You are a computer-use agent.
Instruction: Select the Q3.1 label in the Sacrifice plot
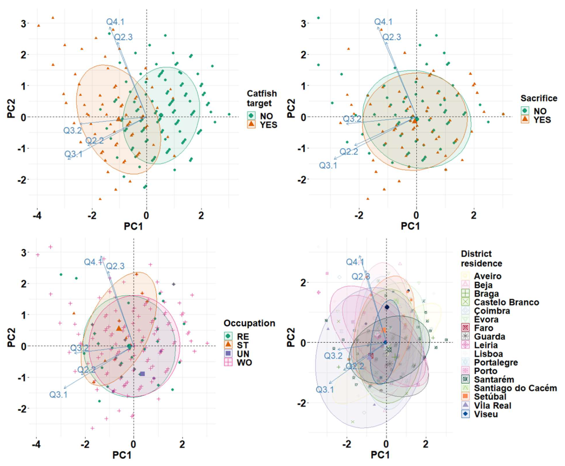pyautogui.click(x=328, y=165)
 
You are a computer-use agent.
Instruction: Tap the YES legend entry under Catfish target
pyautogui.click(x=268, y=125)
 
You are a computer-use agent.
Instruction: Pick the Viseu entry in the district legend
pyautogui.click(x=486, y=414)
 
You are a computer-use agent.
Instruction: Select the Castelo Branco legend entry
pyautogui.click(x=506, y=302)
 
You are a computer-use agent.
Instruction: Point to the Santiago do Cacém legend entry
pyautogui.click(x=515, y=388)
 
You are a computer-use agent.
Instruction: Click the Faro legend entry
pyautogui.click(x=483, y=328)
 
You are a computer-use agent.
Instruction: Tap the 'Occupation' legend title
pyautogui.click(x=249, y=323)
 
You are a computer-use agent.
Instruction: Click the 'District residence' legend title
pyautogui.click(x=481, y=258)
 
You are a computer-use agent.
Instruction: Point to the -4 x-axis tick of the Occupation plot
pyautogui.click(x=36, y=444)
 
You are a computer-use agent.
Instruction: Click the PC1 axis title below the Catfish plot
pyautogui.click(x=133, y=226)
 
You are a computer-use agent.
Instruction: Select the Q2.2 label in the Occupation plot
pyautogui.click(x=87, y=370)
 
